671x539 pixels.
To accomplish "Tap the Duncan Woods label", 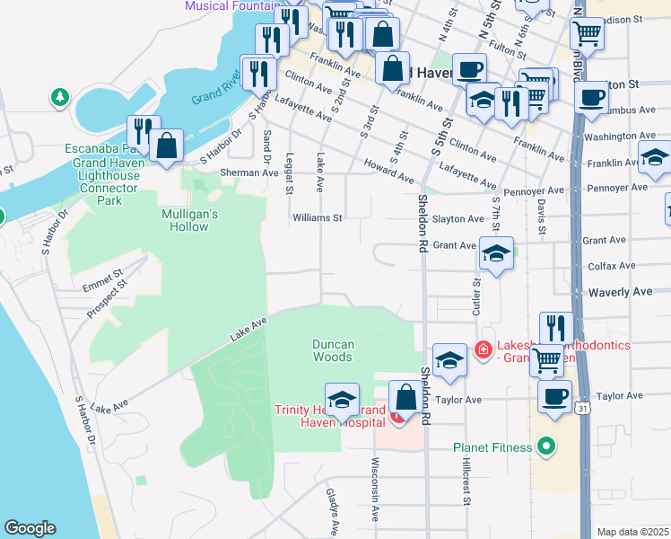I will coord(333,350).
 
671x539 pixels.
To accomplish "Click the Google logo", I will coord(30,528).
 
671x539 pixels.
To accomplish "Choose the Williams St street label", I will coord(318,217).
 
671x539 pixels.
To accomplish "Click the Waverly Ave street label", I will coord(618,292).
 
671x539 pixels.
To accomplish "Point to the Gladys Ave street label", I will coord(333,513).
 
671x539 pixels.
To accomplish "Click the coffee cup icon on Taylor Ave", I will coord(554,395).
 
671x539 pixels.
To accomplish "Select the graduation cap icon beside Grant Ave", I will coord(496,253).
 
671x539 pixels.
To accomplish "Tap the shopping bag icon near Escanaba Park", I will coord(167,146).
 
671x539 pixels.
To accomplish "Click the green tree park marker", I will coord(60,95).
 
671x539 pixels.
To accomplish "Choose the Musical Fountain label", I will coord(232,5).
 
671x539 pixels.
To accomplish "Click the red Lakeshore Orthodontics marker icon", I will coord(484,349).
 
